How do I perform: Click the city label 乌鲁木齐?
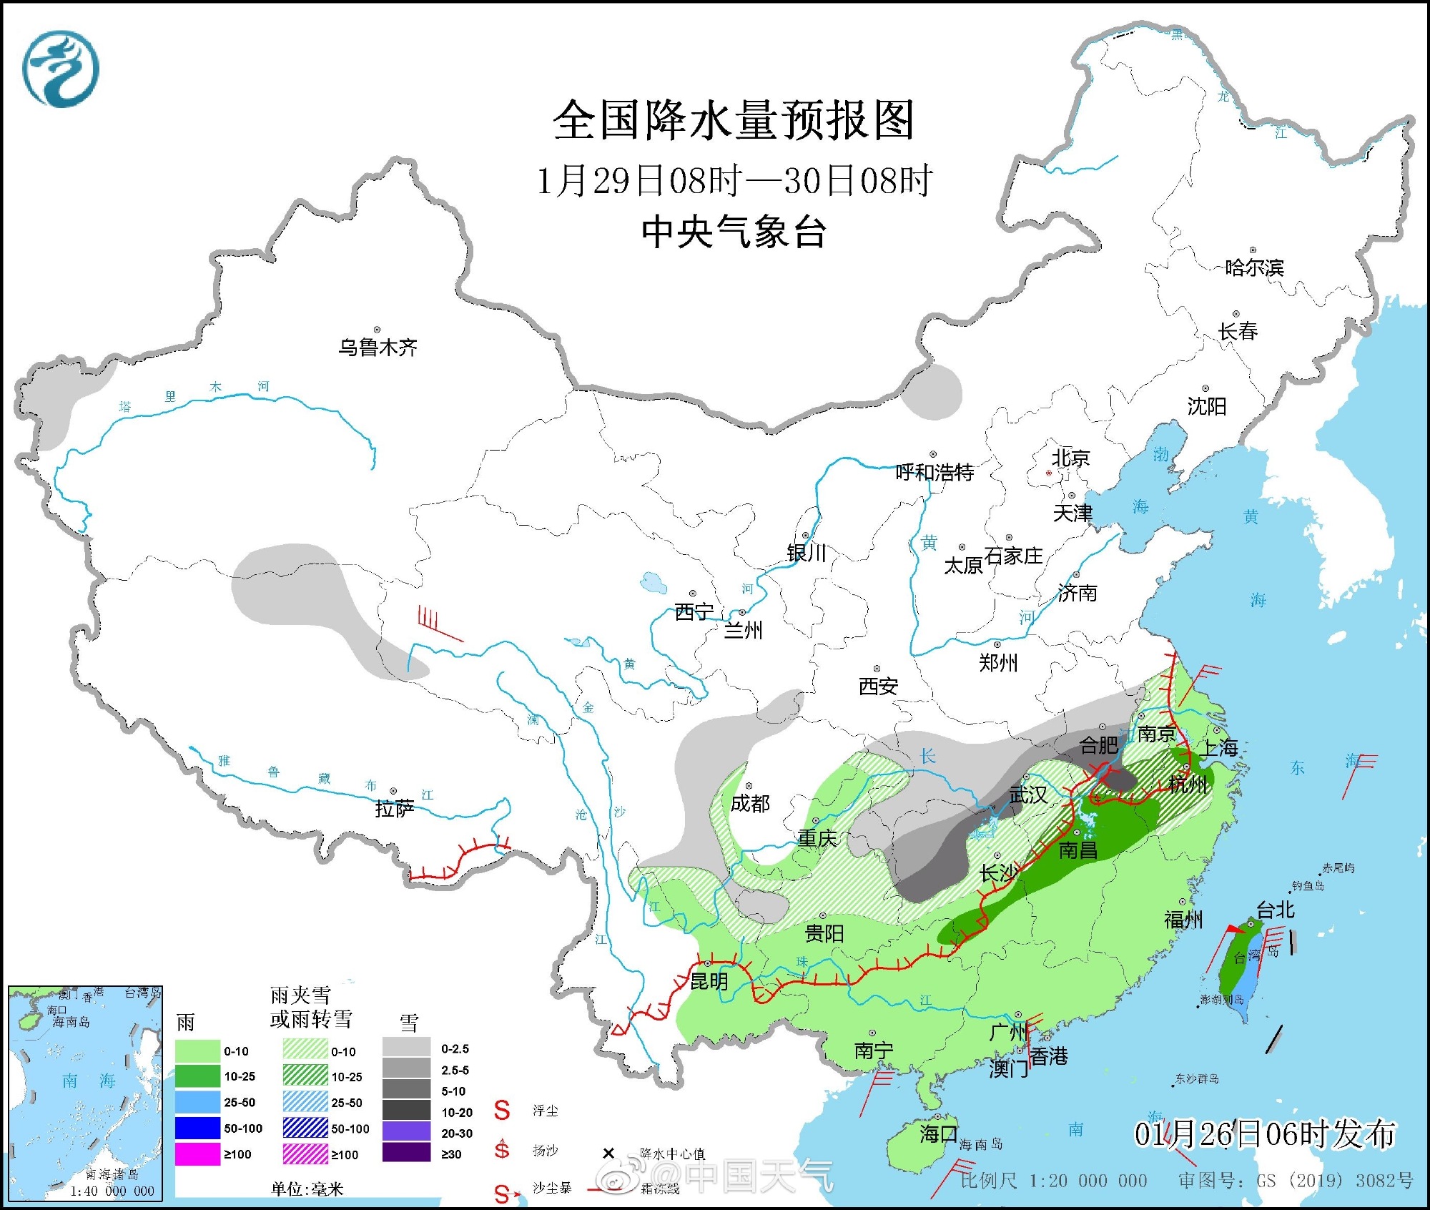[x=378, y=348]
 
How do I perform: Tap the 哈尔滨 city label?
[x=1254, y=268]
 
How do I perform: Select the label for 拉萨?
[x=395, y=809]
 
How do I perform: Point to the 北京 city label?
[x=1070, y=458]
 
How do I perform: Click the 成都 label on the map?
[x=750, y=804]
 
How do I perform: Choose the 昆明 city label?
[x=709, y=981]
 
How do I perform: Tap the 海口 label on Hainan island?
[x=938, y=1133]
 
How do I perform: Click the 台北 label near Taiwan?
[x=1276, y=910]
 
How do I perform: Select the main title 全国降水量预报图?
[x=734, y=120]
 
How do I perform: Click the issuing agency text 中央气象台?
[x=734, y=232]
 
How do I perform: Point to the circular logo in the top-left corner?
[x=61, y=69]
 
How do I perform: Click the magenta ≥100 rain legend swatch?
[x=197, y=1154]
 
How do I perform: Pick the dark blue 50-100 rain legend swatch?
[x=197, y=1128]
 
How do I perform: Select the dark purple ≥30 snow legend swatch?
[x=406, y=1154]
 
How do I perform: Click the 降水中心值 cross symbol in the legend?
[x=608, y=1153]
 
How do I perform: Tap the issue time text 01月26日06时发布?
[x=1265, y=1134]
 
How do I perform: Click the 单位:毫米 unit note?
[x=307, y=1189]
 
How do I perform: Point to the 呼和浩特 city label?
[x=935, y=473]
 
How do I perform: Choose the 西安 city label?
[x=878, y=687]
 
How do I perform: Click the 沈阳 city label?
[x=1207, y=407]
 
